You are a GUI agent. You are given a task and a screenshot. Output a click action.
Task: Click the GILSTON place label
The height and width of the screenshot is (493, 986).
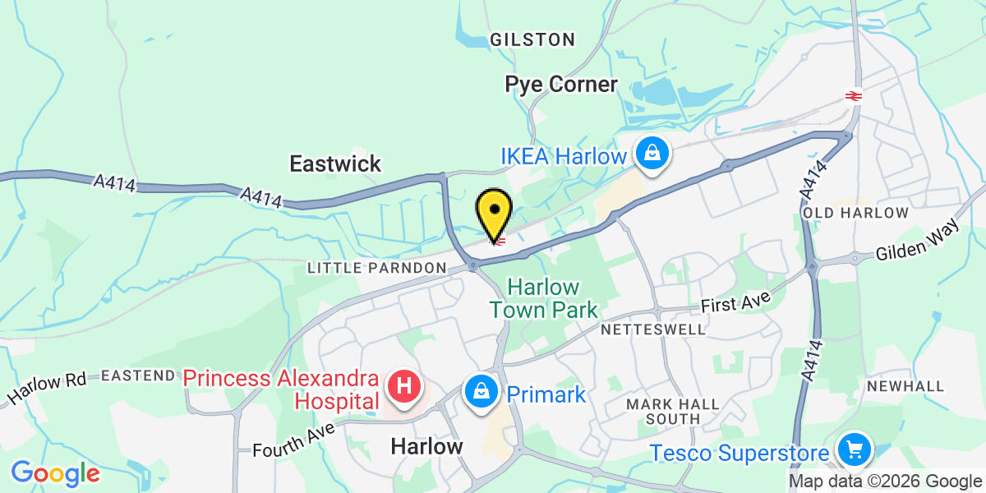[x=532, y=39]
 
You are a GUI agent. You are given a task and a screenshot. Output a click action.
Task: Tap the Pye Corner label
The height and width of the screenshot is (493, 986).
[x=561, y=84]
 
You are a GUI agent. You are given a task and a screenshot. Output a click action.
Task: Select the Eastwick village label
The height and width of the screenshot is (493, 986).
[x=335, y=164]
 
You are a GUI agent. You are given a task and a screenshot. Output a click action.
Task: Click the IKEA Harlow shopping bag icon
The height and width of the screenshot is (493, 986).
[x=652, y=154]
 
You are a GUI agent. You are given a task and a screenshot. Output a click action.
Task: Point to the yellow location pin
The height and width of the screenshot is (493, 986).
[x=495, y=213]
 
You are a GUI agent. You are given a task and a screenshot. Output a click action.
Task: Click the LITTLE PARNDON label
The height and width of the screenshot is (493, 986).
[x=377, y=269]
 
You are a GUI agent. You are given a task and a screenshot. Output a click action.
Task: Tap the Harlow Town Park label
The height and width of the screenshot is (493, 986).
[x=543, y=298]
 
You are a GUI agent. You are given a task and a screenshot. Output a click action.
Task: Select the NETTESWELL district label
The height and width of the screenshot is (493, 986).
[x=652, y=329]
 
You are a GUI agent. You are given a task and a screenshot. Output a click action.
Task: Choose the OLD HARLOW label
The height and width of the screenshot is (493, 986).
[x=856, y=214]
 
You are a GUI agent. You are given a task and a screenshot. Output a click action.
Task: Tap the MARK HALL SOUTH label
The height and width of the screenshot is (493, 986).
[x=672, y=411]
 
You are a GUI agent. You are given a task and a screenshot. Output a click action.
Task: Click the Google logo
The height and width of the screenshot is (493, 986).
[x=55, y=473]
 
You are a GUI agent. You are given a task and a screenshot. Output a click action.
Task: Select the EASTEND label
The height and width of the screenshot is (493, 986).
[x=138, y=376]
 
